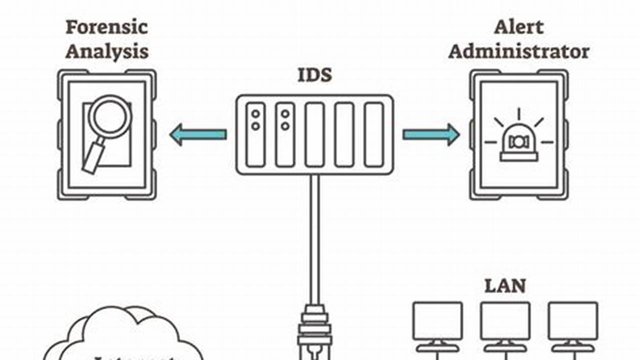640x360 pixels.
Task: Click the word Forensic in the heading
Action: [107, 27]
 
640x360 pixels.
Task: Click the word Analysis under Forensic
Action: [107, 51]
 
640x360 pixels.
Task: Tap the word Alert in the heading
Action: [518, 27]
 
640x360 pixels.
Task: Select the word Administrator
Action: [518, 51]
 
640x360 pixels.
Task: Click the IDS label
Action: [314, 76]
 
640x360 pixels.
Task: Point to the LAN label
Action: [505, 286]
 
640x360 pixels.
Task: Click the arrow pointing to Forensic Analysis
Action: [198, 134]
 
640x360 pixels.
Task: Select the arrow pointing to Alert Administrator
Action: [431, 134]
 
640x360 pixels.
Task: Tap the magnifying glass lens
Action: [110, 116]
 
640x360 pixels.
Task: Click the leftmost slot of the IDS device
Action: [256, 134]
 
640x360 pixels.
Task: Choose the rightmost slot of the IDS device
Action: [374, 134]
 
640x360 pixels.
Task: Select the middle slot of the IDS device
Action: [315, 134]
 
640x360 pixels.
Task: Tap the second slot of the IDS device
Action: [285, 134]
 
